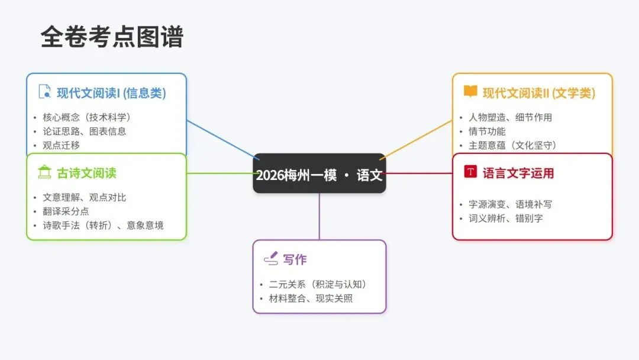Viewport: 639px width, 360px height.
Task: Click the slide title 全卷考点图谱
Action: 112,37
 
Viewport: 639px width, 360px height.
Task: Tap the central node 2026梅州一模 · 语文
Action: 319,175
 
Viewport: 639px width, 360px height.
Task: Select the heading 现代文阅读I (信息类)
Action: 111,93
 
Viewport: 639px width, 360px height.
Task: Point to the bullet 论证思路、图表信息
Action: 85,131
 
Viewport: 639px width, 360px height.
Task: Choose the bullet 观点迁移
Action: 62,145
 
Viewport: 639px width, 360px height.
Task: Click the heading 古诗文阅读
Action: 86,173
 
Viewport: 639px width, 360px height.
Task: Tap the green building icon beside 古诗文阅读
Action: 44,172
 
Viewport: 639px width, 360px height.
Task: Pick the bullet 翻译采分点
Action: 66,211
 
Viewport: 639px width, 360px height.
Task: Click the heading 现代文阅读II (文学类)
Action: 538,93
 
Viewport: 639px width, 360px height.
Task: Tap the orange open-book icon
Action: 470,92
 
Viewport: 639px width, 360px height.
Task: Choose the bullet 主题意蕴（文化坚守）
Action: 513,145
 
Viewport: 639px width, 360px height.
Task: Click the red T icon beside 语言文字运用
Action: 470,172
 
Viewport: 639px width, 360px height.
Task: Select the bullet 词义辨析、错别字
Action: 506,218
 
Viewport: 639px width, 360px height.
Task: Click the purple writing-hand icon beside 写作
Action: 270,259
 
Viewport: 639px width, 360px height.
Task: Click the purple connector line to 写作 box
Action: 319,216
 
